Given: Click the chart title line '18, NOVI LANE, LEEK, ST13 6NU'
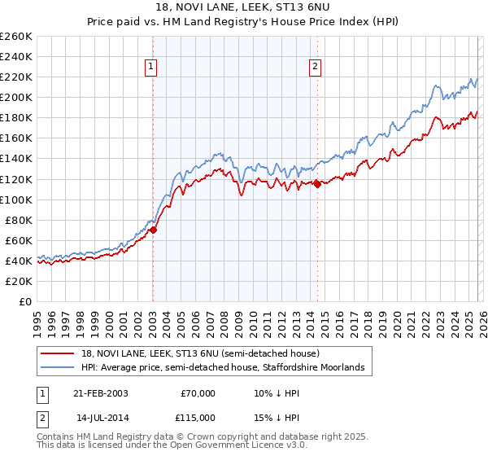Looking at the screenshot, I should pos(244,9).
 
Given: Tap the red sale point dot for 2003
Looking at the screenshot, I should pos(153,230).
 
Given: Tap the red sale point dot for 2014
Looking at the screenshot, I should pos(317,183).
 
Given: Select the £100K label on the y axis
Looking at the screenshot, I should pos(16,199).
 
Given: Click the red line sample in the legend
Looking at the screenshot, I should pos(59,354).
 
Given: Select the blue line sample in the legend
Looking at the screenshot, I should pos(59,368).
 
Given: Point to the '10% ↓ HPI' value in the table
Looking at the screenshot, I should pos(277,393).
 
